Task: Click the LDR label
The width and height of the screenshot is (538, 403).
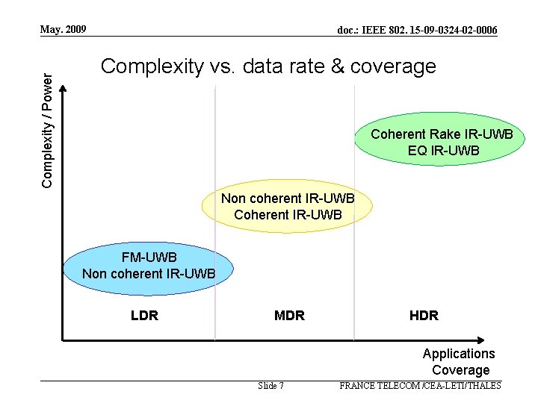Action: (x=144, y=315)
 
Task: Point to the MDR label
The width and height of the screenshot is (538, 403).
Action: (x=289, y=315)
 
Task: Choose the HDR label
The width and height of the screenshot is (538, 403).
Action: (x=424, y=315)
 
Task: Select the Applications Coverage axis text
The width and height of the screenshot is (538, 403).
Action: (x=459, y=361)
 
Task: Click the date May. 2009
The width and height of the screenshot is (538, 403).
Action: (x=64, y=30)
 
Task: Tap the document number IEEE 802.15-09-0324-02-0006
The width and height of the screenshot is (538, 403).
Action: (x=417, y=30)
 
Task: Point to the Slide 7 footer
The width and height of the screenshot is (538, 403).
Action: (x=270, y=386)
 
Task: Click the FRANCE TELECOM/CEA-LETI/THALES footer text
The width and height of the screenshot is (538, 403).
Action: (x=420, y=386)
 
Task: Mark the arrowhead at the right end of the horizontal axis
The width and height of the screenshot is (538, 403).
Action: (x=520, y=340)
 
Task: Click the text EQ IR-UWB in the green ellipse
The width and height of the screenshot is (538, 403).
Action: (x=443, y=151)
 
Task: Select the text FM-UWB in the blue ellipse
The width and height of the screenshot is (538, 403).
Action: (x=149, y=257)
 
